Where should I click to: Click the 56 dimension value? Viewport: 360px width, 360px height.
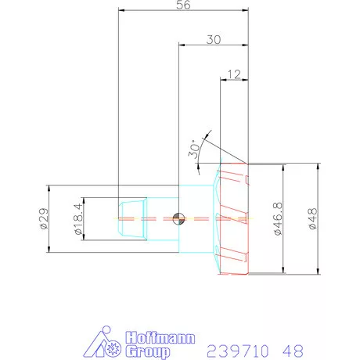[183, 5]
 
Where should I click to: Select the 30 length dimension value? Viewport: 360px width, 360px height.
[214, 40]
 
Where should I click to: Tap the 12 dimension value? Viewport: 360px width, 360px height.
[234, 74]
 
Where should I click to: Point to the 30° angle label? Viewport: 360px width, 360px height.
[194, 149]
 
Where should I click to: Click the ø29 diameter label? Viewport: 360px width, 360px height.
[44, 218]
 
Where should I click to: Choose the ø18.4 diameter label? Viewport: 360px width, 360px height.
[78, 218]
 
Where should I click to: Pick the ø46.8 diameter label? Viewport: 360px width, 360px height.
[278, 218]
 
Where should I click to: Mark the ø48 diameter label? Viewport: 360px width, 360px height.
[313, 218]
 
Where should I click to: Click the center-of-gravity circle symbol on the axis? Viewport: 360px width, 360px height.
[178, 218]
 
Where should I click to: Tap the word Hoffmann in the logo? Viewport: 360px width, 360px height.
[160, 338]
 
